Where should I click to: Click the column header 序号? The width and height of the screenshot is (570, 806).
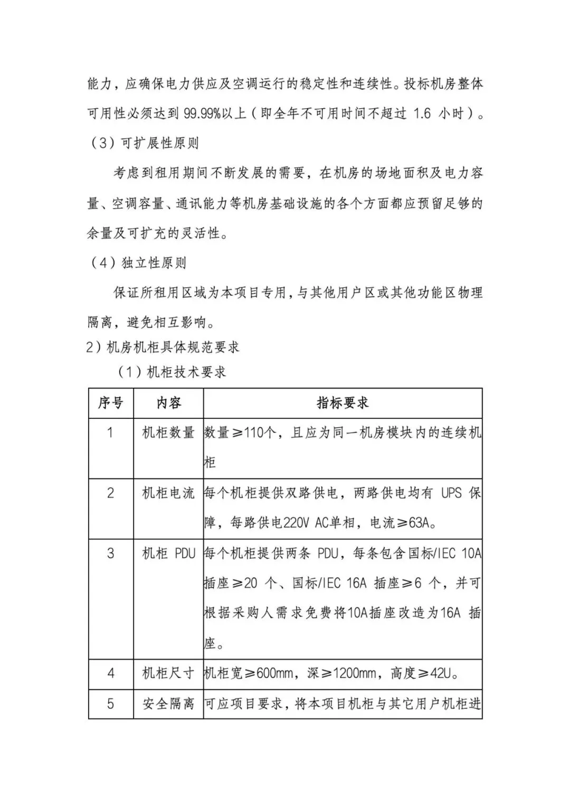(110, 403)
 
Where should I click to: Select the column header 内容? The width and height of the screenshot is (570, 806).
(168, 403)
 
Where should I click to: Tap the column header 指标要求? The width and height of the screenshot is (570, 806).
(343, 403)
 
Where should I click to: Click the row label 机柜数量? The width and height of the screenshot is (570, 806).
(168, 433)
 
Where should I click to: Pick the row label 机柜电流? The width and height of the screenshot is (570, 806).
(168, 493)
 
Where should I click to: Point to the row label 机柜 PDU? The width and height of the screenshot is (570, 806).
(168, 554)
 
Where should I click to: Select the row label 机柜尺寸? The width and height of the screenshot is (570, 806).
(168, 673)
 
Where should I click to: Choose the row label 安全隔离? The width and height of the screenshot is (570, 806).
(168, 704)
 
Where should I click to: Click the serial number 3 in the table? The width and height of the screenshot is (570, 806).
(110, 554)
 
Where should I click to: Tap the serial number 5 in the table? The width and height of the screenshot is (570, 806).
(110, 704)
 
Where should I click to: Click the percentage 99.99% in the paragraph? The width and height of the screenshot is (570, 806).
(203, 114)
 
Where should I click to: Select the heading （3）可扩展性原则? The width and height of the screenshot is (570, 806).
(143, 143)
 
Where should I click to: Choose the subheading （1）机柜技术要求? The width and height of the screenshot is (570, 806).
(171, 372)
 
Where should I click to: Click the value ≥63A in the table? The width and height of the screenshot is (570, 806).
(415, 523)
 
